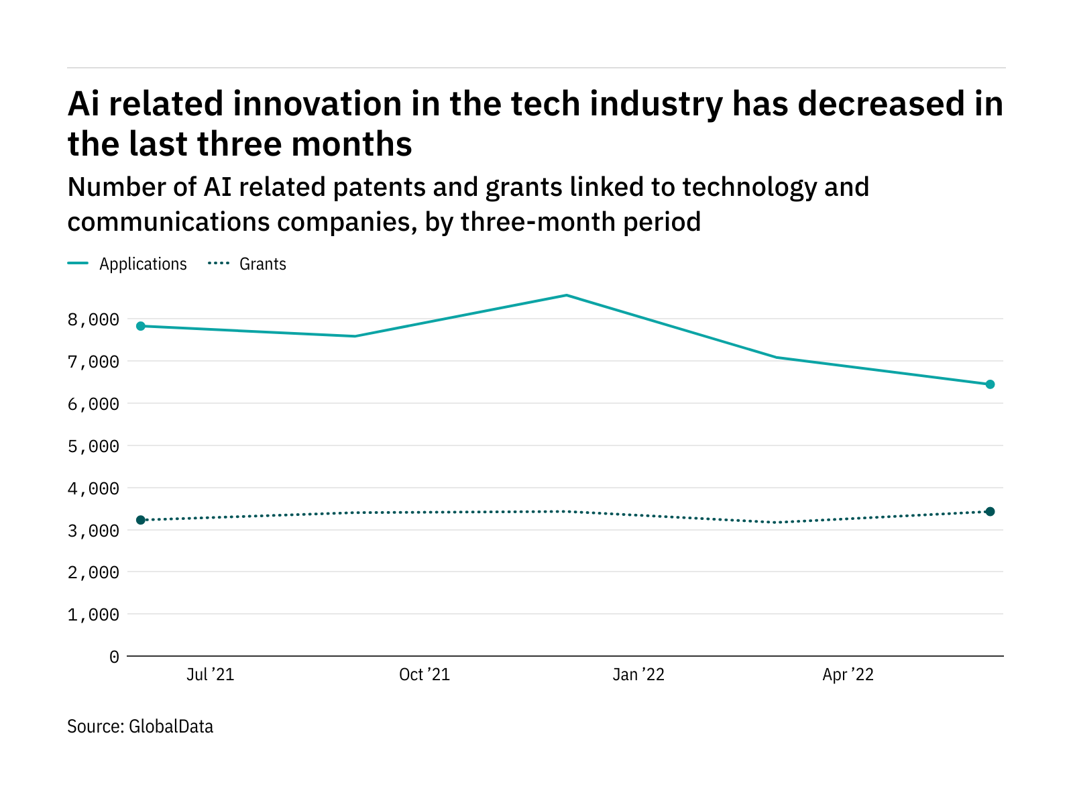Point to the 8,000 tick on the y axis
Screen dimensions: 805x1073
(93, 319)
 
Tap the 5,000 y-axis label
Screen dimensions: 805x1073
(93, 446)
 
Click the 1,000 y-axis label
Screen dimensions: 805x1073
(93, 614)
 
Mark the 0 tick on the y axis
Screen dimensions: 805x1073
(114, 657)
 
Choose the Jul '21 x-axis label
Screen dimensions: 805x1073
(210, 675)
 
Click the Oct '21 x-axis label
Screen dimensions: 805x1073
(424, 675)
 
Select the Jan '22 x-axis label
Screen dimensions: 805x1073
(638, 675)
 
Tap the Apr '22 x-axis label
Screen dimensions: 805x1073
(848, 675)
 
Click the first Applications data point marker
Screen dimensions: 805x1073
(141, 326)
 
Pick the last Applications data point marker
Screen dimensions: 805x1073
(990, 384)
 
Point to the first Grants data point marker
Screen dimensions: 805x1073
(141, 520)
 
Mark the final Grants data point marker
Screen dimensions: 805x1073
(990, 512)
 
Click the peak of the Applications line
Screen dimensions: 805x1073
(567, 295)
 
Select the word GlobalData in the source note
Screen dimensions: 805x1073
(171, 727)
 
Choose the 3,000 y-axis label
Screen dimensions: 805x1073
(93, 531)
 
